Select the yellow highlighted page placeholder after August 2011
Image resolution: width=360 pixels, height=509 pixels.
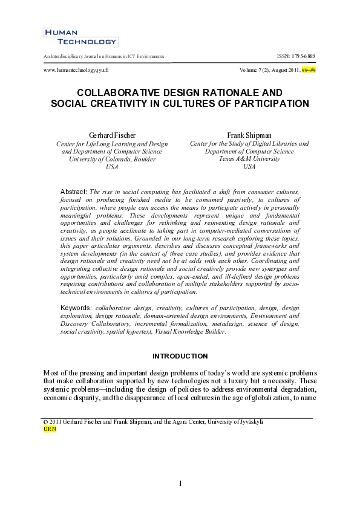click(309, 71)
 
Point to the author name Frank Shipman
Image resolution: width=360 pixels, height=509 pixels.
click(249, 134)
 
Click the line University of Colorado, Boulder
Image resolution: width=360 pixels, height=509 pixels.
click(112, 160)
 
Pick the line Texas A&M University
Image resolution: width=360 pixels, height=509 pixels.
click(249, 159)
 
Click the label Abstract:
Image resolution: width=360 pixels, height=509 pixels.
click(74, 192)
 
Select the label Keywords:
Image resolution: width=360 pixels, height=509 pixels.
click(77, 308)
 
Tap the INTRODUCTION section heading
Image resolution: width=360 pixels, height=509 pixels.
click(180, 356)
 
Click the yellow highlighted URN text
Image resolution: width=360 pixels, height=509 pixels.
click(50, 429)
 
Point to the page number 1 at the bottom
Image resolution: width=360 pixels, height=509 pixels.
click(180, 484)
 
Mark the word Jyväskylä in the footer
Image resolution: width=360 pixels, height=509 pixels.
click(249, 421)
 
